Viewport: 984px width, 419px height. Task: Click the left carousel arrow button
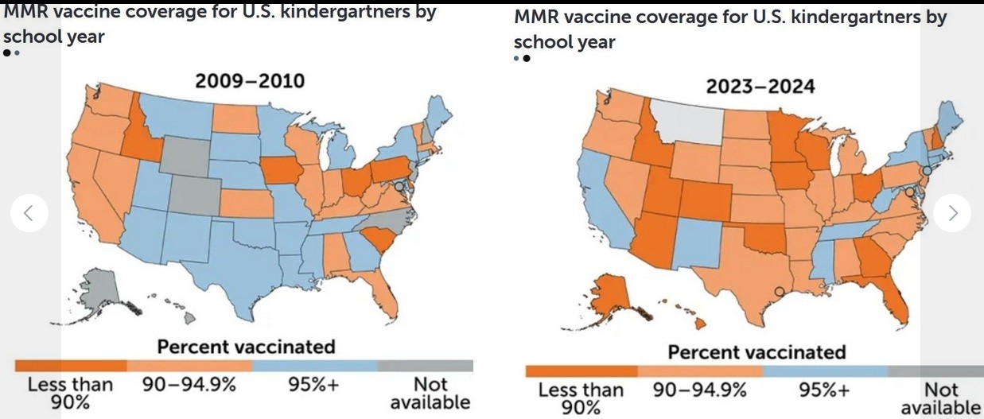pyautogui.click(x=29, y=213)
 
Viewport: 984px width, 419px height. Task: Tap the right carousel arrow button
pyautogui.click(x=953, y=212)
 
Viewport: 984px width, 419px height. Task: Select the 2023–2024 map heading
pyautogui.click(x=760, y=86)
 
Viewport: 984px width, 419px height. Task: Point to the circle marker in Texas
pyautogui.click(x=780, y=292)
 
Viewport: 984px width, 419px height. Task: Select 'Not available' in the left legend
pyautogui.click(x=430, y=394)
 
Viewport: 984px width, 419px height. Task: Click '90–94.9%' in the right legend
pyautogui.click(x=700, y=390)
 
